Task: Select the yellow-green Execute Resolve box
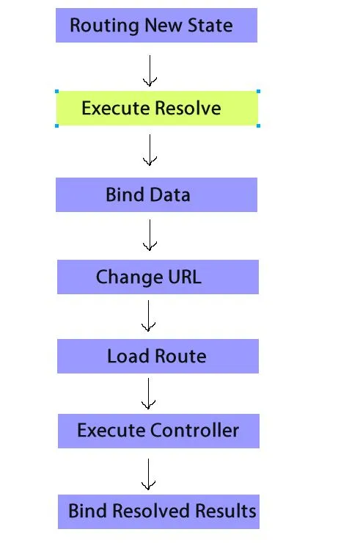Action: coord(158,108)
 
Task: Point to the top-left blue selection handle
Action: coord(57,92)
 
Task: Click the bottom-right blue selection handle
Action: coord(258,125)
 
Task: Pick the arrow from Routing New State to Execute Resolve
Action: coord(150,70)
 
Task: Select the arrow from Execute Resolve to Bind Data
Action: coord(150,150)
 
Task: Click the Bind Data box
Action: coord(156,194)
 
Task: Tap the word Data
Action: coord(171,194)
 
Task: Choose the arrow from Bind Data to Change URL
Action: coord(150,235)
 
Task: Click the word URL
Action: coord(185,277)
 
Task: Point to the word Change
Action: coord(129,277)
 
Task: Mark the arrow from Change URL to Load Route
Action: coord(148,316)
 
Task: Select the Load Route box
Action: coord(158,356)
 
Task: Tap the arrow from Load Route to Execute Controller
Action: coord(148,393)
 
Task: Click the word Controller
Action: coord(195,431)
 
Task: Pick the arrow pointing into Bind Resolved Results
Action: coord(148,474)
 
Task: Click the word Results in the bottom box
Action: coord(226,511)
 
